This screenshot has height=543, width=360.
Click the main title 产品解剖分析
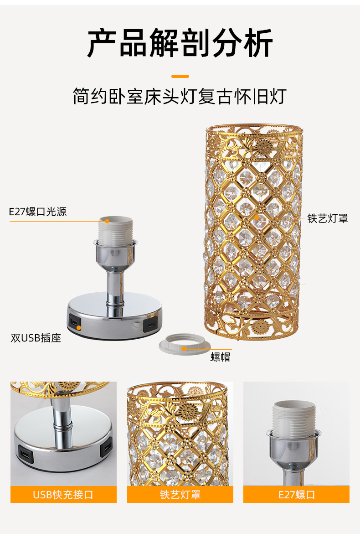(180, 43)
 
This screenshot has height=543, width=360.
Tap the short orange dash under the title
(180, 76)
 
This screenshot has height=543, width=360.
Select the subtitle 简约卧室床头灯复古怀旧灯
(180, 97)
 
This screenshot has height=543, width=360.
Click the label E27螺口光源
(38, 212)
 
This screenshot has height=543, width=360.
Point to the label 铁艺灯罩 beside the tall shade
(327, 218)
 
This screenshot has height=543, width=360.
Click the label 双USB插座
(36, 338)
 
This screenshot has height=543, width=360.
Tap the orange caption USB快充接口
(63, 495)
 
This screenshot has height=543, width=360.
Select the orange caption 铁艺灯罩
(180, 495)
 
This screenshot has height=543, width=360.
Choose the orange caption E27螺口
(296, 495)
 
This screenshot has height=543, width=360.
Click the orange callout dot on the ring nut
(184, 349)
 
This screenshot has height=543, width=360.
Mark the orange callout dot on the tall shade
(257, 217)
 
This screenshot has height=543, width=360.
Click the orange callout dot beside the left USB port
(79, 327)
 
